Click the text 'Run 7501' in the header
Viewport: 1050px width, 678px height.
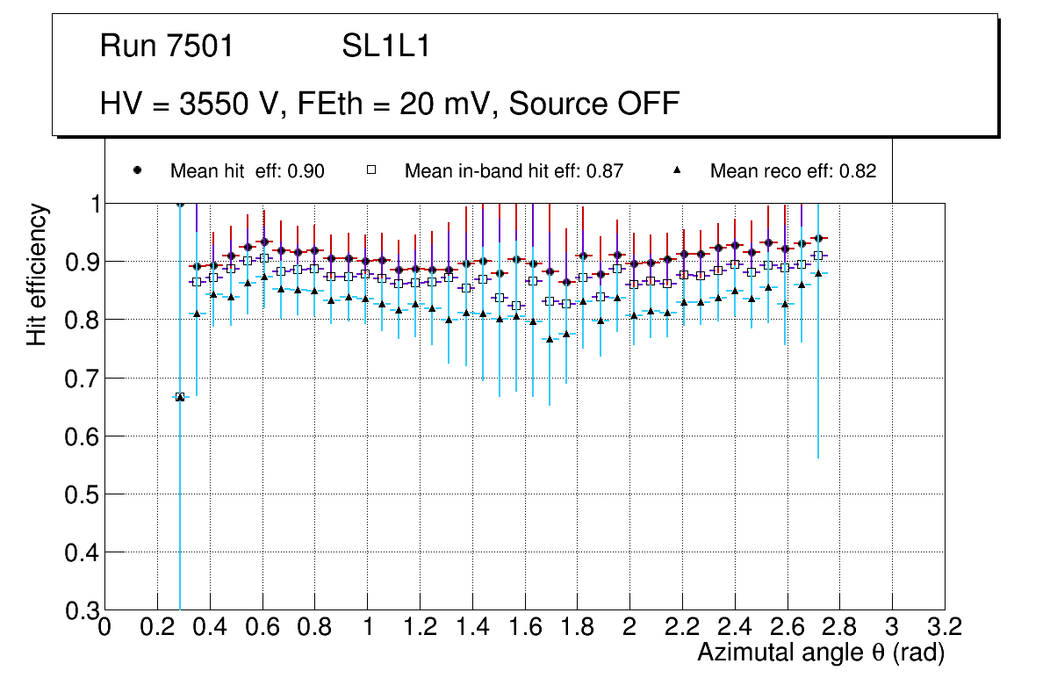(167, 47)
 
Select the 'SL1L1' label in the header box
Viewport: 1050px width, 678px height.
(385, 47)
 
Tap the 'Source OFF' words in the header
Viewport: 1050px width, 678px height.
(594, 104)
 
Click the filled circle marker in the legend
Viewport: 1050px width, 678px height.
(137, 170)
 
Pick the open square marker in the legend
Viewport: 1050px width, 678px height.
(371, 170)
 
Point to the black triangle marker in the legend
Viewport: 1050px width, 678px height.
(677, 170)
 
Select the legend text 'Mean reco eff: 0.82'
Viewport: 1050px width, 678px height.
(793, 171)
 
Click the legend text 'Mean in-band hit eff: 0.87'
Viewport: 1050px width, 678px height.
(514, 171)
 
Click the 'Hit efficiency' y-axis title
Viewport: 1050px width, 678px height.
(37, 274)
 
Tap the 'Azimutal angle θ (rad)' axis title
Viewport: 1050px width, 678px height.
(820, 653)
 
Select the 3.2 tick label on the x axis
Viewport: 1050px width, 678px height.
(944, 627)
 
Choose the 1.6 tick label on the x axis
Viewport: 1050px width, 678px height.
(524, 627)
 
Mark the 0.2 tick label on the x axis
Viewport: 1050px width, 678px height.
(157, 627)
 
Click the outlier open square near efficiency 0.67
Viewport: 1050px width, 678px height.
(180, 397)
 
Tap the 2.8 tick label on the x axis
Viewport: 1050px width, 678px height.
(839, 627)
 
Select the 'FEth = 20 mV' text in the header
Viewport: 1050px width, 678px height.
(397, 104)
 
